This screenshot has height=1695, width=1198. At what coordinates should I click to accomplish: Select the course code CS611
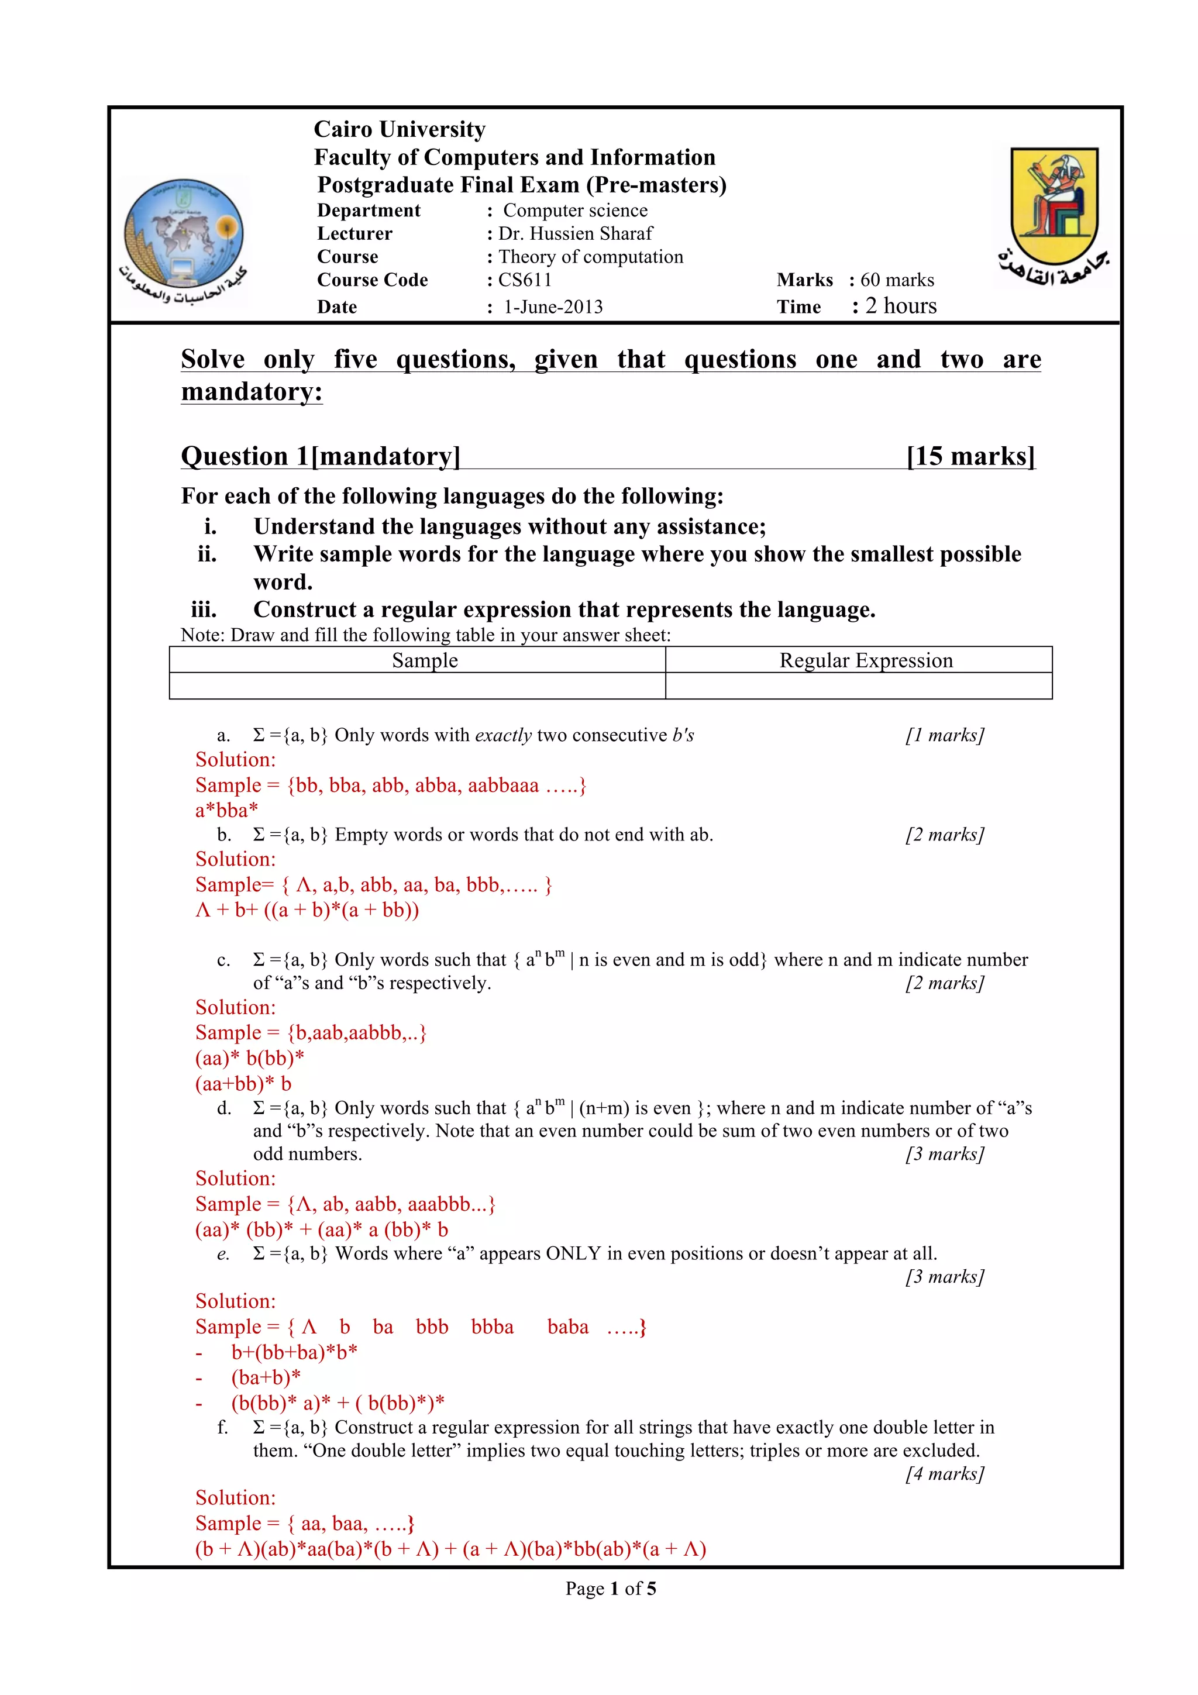[x=524, y=280]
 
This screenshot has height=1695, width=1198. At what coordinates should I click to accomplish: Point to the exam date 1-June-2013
[x=553, y=307]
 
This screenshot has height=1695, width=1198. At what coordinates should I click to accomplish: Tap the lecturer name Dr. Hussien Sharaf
[x=575, y=234]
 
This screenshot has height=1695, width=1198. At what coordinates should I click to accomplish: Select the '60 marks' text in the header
[x=897, y=280]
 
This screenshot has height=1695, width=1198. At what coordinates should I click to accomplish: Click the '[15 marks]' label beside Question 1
[x=970, y=456]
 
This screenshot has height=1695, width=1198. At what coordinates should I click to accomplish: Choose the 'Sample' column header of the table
[x=425, y=661]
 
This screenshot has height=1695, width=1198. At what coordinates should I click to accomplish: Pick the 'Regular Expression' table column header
[x=866, y=661]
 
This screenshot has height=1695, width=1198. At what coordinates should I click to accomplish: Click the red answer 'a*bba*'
[x=226, y=811]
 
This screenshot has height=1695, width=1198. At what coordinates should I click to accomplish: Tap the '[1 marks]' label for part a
[x=945, y=735]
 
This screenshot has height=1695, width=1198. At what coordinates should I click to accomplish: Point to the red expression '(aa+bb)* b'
[x=243, y=1084]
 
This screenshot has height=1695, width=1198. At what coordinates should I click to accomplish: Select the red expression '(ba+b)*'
[x=266, y=1377]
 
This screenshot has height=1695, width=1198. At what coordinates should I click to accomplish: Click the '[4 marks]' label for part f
[x=945, y=1473]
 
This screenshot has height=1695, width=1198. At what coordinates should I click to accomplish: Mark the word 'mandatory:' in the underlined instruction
[x=252, y=391]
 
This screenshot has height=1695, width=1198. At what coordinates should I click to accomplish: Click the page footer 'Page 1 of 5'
[x=611, y=1589]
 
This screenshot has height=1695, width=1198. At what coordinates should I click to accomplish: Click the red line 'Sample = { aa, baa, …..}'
[x=305, y=1523]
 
